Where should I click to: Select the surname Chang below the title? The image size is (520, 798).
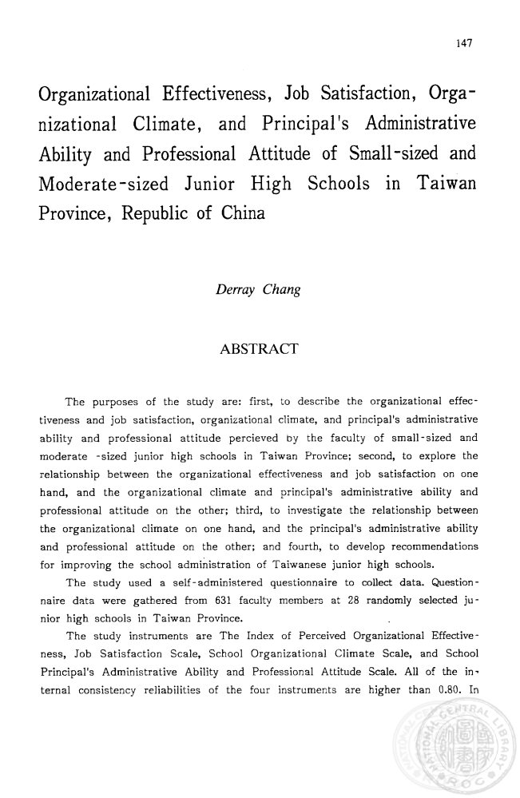click(x=280, y=289)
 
